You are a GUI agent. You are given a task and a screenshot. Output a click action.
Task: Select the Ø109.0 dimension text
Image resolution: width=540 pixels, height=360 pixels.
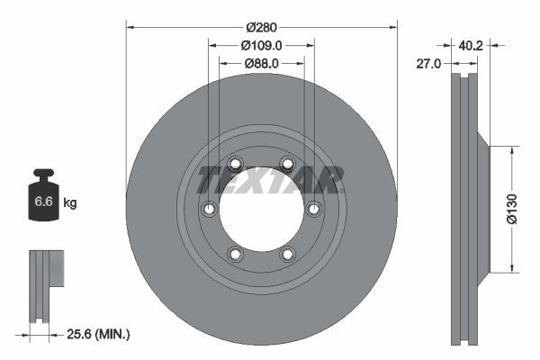click(261, 45)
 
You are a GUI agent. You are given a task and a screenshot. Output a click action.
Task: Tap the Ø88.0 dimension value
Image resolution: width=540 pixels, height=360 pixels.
click(261, 63)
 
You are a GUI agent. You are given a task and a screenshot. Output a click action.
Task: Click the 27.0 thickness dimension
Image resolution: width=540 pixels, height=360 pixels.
click(430, 64)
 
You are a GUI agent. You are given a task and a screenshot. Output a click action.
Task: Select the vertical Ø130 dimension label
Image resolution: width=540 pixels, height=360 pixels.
click(510, 209)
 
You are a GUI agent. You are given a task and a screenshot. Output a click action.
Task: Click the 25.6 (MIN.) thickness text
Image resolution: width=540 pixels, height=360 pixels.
click(100, 334)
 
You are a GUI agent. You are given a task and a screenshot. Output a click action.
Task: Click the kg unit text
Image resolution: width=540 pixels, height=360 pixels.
click(70, 202)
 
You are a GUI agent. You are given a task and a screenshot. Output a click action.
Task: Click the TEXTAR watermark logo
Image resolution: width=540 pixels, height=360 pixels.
click(270, 180)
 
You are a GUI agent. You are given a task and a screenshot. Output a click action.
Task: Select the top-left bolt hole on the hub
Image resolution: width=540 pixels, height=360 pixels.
click(235, 164)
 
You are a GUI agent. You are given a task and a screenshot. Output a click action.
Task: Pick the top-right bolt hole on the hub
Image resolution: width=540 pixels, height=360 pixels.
click(287, 163)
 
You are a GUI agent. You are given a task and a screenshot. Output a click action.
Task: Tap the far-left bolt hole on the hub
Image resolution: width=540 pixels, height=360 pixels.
click(209, 209)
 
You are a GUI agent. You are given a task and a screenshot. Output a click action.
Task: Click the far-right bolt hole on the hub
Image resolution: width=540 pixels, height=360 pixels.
click(313, 209)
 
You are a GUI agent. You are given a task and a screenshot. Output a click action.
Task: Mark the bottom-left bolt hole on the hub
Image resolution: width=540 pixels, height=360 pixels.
click(235, 254)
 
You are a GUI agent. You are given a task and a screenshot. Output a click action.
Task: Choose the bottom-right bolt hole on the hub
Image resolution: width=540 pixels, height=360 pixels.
click(288, 254)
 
